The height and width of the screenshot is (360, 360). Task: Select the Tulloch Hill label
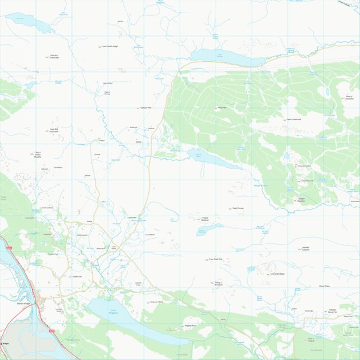click(x=77, y=276)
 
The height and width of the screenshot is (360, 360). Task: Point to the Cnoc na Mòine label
click(x=157, y=302)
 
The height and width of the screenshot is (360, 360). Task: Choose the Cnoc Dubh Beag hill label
click(x=277, y=274)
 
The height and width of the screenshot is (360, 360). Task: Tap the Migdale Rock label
click(x=190, y=326)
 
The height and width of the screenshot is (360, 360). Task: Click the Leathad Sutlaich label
click(x=306, y=248)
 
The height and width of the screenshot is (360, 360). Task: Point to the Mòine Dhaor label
click(x=324, y=286)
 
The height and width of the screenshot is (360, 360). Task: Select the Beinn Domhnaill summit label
click(x=294, y=120)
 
